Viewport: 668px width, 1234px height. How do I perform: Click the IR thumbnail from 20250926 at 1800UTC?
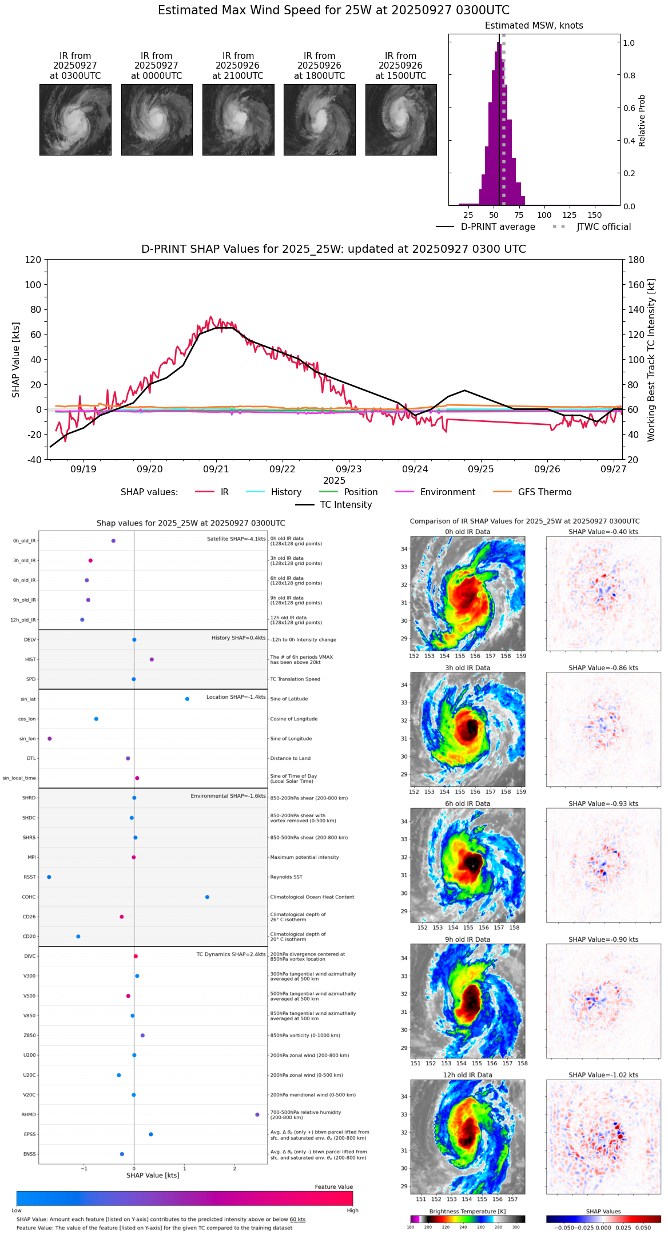319,120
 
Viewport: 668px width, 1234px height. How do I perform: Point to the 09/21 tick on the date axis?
216,469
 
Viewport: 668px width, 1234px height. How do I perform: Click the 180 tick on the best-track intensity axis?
637,260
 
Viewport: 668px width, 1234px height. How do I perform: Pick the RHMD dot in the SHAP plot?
257,1114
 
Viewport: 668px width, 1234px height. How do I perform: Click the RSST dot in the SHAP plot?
49,877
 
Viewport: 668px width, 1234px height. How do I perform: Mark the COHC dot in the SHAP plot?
207,897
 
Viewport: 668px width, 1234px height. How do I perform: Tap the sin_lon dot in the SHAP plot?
50,738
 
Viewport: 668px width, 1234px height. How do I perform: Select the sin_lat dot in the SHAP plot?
187,699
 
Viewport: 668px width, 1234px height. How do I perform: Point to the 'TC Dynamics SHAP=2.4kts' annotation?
231,954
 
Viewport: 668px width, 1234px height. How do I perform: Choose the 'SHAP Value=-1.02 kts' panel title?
603,1075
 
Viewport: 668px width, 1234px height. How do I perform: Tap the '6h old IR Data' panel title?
467,803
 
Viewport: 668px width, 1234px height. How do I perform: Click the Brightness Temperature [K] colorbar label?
467,1211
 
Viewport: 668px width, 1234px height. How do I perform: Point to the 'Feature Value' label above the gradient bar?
333,1187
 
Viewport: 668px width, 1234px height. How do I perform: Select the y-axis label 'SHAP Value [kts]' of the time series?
16,360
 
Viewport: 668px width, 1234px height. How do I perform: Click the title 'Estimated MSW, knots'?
534,26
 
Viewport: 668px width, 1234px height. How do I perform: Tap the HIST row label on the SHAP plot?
30,659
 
